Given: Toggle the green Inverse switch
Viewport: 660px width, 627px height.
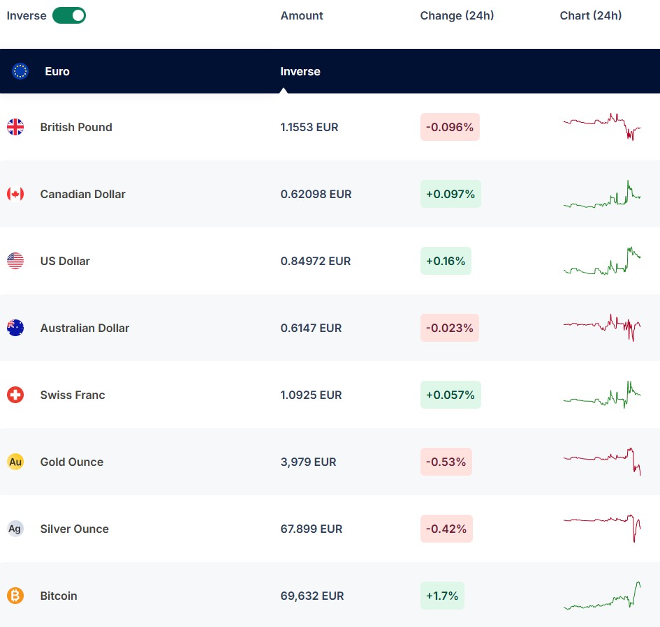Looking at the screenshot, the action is [69, 15].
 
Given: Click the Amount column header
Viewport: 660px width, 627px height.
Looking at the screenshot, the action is [302, 15].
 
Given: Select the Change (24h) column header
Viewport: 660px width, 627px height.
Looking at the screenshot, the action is [457, 15].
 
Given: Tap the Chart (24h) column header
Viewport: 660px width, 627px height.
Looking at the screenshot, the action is [591, 15].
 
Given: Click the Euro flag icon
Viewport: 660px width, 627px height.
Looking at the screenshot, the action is [20, 71].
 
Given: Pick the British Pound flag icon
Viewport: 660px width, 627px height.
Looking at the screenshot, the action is [15, 127].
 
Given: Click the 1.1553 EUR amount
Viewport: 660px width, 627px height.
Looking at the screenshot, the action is [309, 127].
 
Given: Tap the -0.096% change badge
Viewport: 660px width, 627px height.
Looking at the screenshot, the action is [450, 127].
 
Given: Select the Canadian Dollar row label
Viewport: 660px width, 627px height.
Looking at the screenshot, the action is [83, 194].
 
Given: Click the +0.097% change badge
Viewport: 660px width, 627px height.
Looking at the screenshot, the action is [450, 194].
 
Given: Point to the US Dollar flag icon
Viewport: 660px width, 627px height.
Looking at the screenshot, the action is [15, 261].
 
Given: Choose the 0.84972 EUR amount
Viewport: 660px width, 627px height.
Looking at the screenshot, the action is [316, 261].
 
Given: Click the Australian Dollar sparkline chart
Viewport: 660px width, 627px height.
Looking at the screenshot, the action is [602, 327].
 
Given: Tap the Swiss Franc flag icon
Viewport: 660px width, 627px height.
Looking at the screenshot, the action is [15, 395].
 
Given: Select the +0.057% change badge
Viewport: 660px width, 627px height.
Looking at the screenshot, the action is [450, 395].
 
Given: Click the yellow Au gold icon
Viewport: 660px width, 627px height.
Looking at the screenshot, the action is [15, 462].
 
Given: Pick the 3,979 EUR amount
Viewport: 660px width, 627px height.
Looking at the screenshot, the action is [309, 462].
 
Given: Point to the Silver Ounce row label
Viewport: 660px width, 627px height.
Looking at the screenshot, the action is [75, 529].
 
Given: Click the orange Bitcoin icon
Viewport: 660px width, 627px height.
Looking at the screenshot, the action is [15, 596].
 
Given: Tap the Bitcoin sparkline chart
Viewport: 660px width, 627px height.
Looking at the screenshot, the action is [602, 596].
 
